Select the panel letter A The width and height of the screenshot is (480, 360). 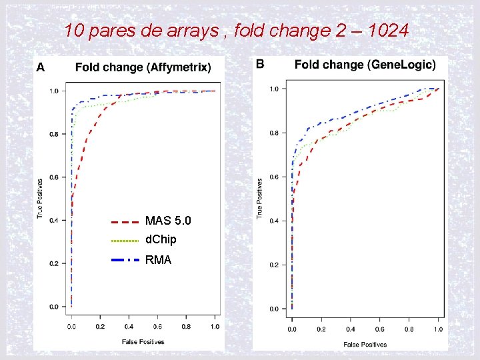click(x=41, y=67)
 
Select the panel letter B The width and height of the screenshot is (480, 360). click(x=260, y=63)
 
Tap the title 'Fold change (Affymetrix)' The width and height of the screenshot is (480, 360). click(x=143, y=67)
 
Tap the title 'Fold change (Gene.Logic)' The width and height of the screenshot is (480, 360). click(x=365, y=64)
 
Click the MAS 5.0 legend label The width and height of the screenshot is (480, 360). click(x=168, y=221)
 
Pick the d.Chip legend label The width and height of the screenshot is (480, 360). click(x=161, y=239)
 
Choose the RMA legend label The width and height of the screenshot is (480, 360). click(x=158, y=260)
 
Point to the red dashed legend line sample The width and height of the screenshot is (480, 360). click(x=124, y=221)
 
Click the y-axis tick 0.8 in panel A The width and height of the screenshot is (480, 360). click(x=54, y=134)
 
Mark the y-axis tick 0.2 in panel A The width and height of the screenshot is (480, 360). click(x=54, y=263)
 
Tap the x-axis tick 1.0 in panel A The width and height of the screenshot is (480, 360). click(x=215, y=327)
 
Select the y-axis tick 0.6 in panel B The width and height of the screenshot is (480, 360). click(x=274, y=177)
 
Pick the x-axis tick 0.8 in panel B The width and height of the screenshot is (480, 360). click(x=409, y=329)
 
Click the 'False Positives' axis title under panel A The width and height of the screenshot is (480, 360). click(x=143, y=341)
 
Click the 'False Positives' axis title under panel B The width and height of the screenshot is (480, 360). click(x=365, y=344)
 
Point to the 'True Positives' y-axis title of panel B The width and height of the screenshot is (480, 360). click(x=259, y=197)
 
